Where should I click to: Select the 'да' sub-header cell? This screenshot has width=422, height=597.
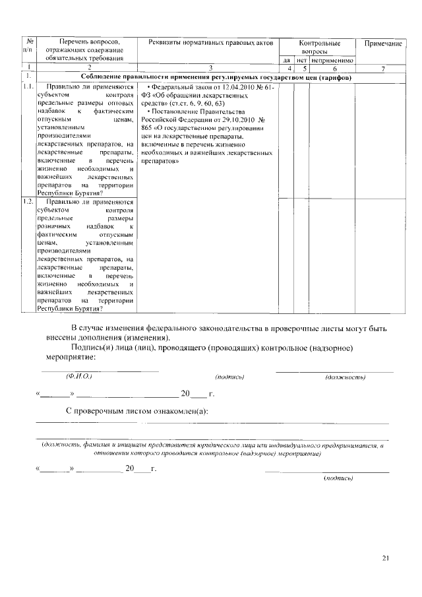click(286, 61)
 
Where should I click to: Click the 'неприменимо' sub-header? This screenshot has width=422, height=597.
click(333, 61)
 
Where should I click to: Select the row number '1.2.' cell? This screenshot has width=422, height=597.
click(28, 201)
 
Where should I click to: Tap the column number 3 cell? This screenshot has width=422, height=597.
click(210, 69)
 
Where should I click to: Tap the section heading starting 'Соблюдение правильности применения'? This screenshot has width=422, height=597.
click(216, 77)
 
